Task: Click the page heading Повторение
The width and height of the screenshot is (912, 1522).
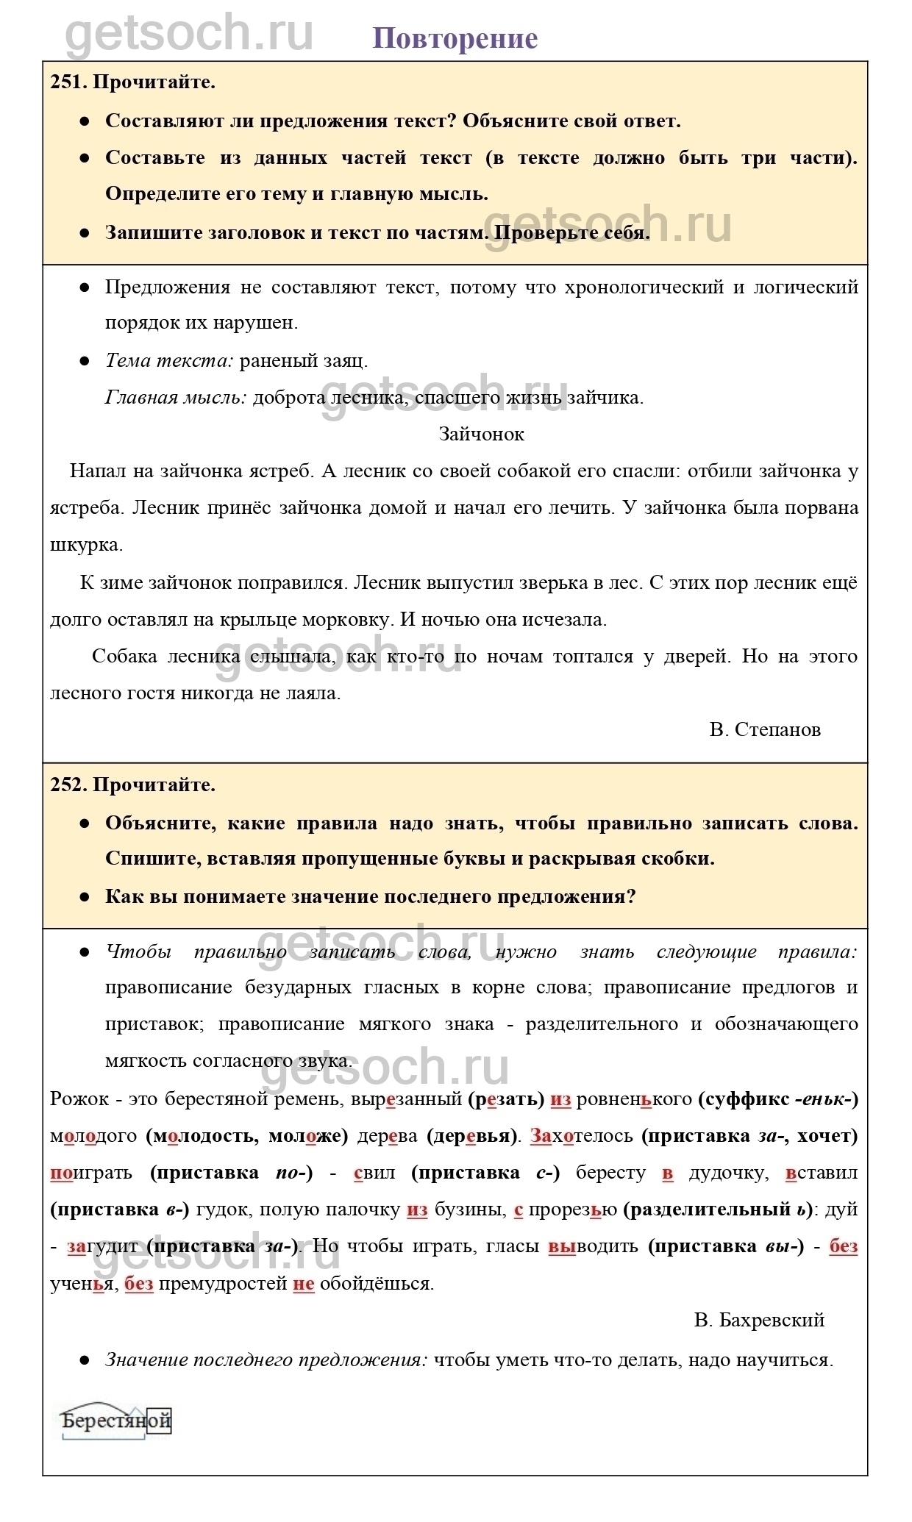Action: click(455, 38)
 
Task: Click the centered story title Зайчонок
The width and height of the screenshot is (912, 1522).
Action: click(481, 434)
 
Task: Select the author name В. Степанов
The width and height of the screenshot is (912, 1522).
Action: click(765, 729)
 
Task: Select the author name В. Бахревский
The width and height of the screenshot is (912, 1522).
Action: click(759, 1320)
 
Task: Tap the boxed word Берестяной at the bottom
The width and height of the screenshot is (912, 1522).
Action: click(116, 1421)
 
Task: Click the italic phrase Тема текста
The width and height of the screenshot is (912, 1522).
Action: click(169, 360)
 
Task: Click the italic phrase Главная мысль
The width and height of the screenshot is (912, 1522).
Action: click(176, 398)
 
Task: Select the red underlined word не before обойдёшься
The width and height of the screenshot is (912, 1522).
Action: click(303, 1283)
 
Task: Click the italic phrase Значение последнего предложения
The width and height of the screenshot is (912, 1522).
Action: click(266, 1360)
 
